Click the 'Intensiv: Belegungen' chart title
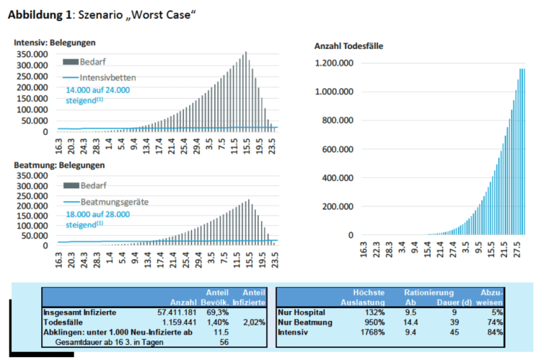55,43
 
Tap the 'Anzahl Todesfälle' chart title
348,45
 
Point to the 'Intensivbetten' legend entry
108,77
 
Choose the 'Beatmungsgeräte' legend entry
115,202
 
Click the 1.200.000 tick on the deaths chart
333,63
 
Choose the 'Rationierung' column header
428,293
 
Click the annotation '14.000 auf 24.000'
97,90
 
